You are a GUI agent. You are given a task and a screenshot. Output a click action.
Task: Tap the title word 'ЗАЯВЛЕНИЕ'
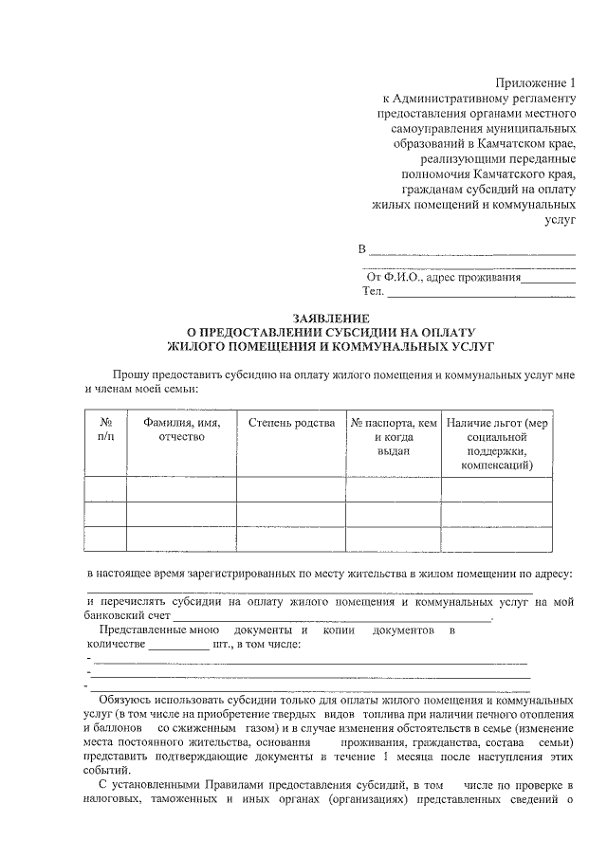tap(330, 319)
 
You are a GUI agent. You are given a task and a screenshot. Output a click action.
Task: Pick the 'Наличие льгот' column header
tap(497, 444)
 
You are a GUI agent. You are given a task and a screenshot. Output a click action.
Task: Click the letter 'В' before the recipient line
tap(361, 250)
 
